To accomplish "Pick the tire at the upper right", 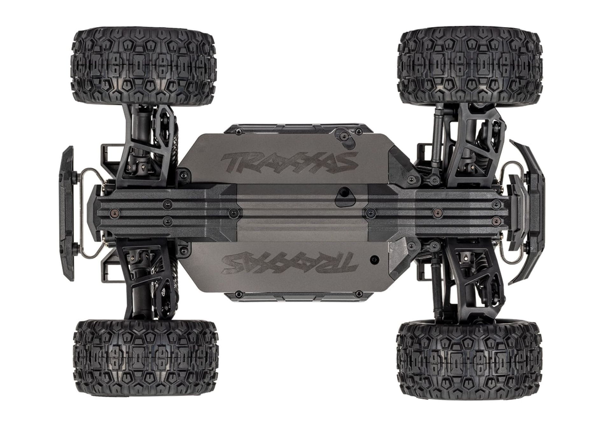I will pyautogui.click(x=469, y=68).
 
